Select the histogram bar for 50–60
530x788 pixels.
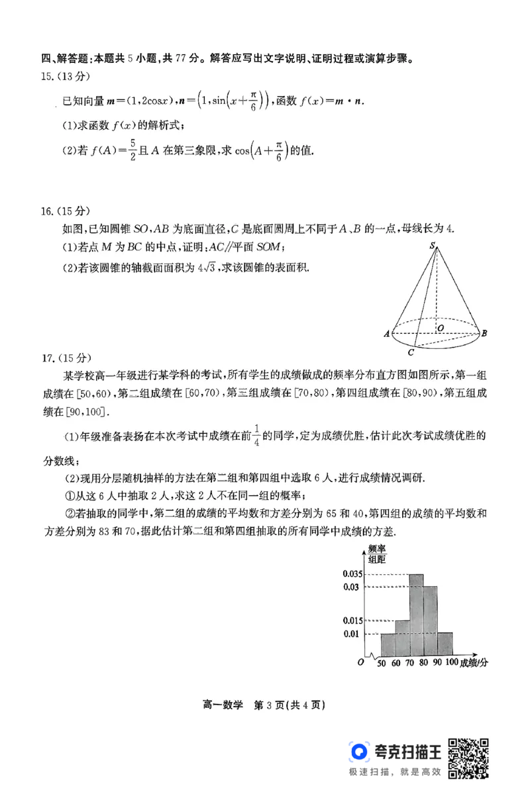[388, 644]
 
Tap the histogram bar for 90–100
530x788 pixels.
[445, 644]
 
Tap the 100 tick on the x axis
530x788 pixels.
[452, 663]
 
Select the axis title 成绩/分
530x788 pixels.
[474, 663]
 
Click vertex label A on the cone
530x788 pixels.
[386, 334]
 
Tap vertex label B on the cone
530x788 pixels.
[484, 333]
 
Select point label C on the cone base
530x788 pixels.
[411, 352]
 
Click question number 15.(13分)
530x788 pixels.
[65, 76]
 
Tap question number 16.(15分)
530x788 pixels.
[65, 211]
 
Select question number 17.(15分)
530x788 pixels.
[65, 358]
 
